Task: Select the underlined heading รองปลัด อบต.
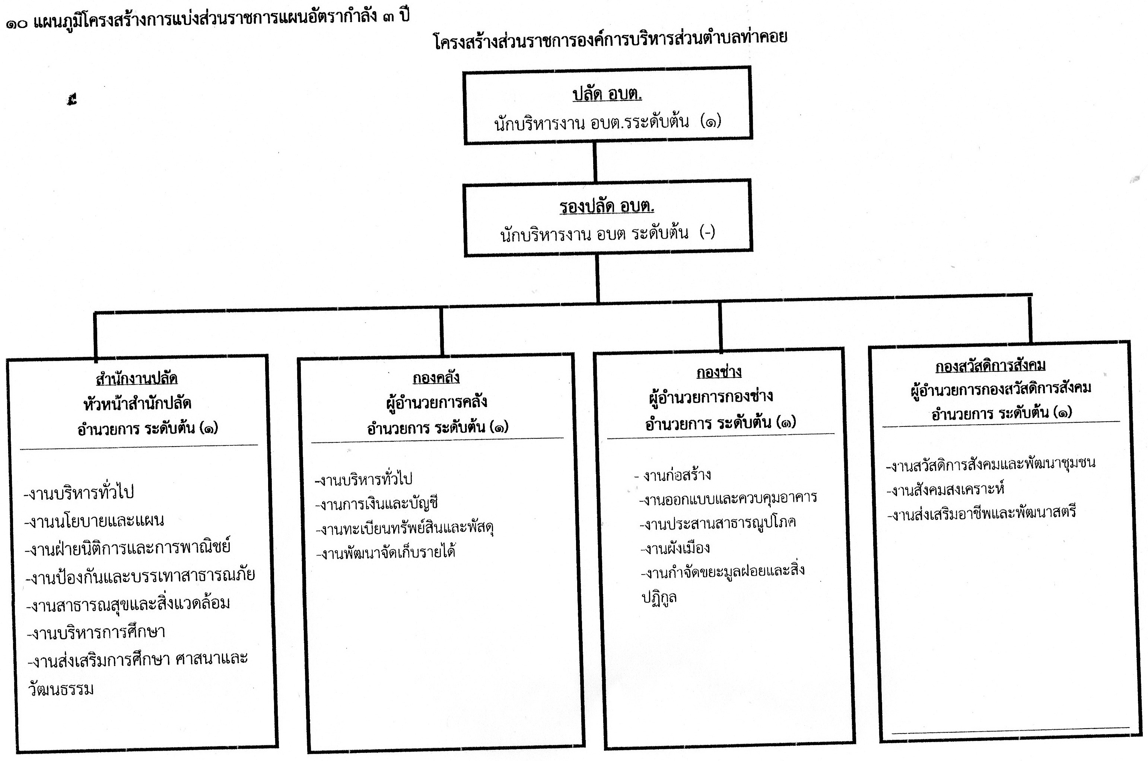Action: [x=607, y=206]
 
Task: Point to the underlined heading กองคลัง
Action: [x=436, y=377]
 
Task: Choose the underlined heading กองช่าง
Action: [x=719, y=372]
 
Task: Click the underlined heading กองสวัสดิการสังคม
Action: [x=990, y=365]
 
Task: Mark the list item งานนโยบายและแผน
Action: [x=94, y=520]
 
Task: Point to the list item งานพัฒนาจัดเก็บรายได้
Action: [x=385, y=552]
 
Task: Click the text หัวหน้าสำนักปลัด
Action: [x=137, y=403]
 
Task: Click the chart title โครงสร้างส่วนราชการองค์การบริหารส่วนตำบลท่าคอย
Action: [x=610, y=38]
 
